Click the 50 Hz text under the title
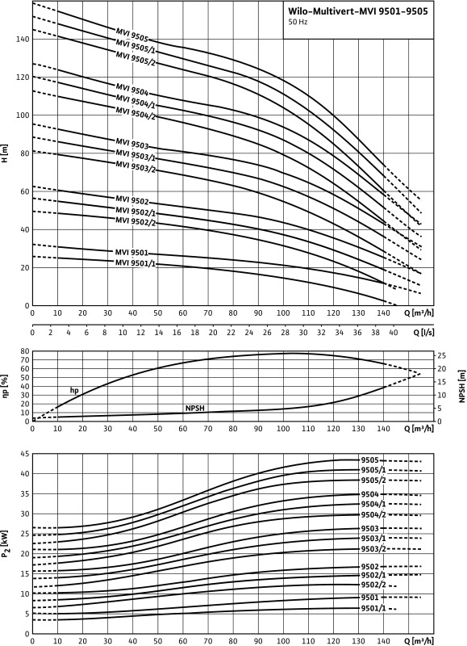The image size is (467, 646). click(x=299, y=23)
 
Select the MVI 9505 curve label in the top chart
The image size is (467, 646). click(x=132, y=36)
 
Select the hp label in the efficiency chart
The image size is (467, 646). click(x=74, y=390)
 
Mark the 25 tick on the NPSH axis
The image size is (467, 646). click(x=440, y=355)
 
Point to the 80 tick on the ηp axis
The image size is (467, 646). click(x=24, y=351)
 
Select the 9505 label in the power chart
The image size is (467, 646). click(x=370, y=459)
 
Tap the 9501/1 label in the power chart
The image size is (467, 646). click(x=374, y=608)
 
